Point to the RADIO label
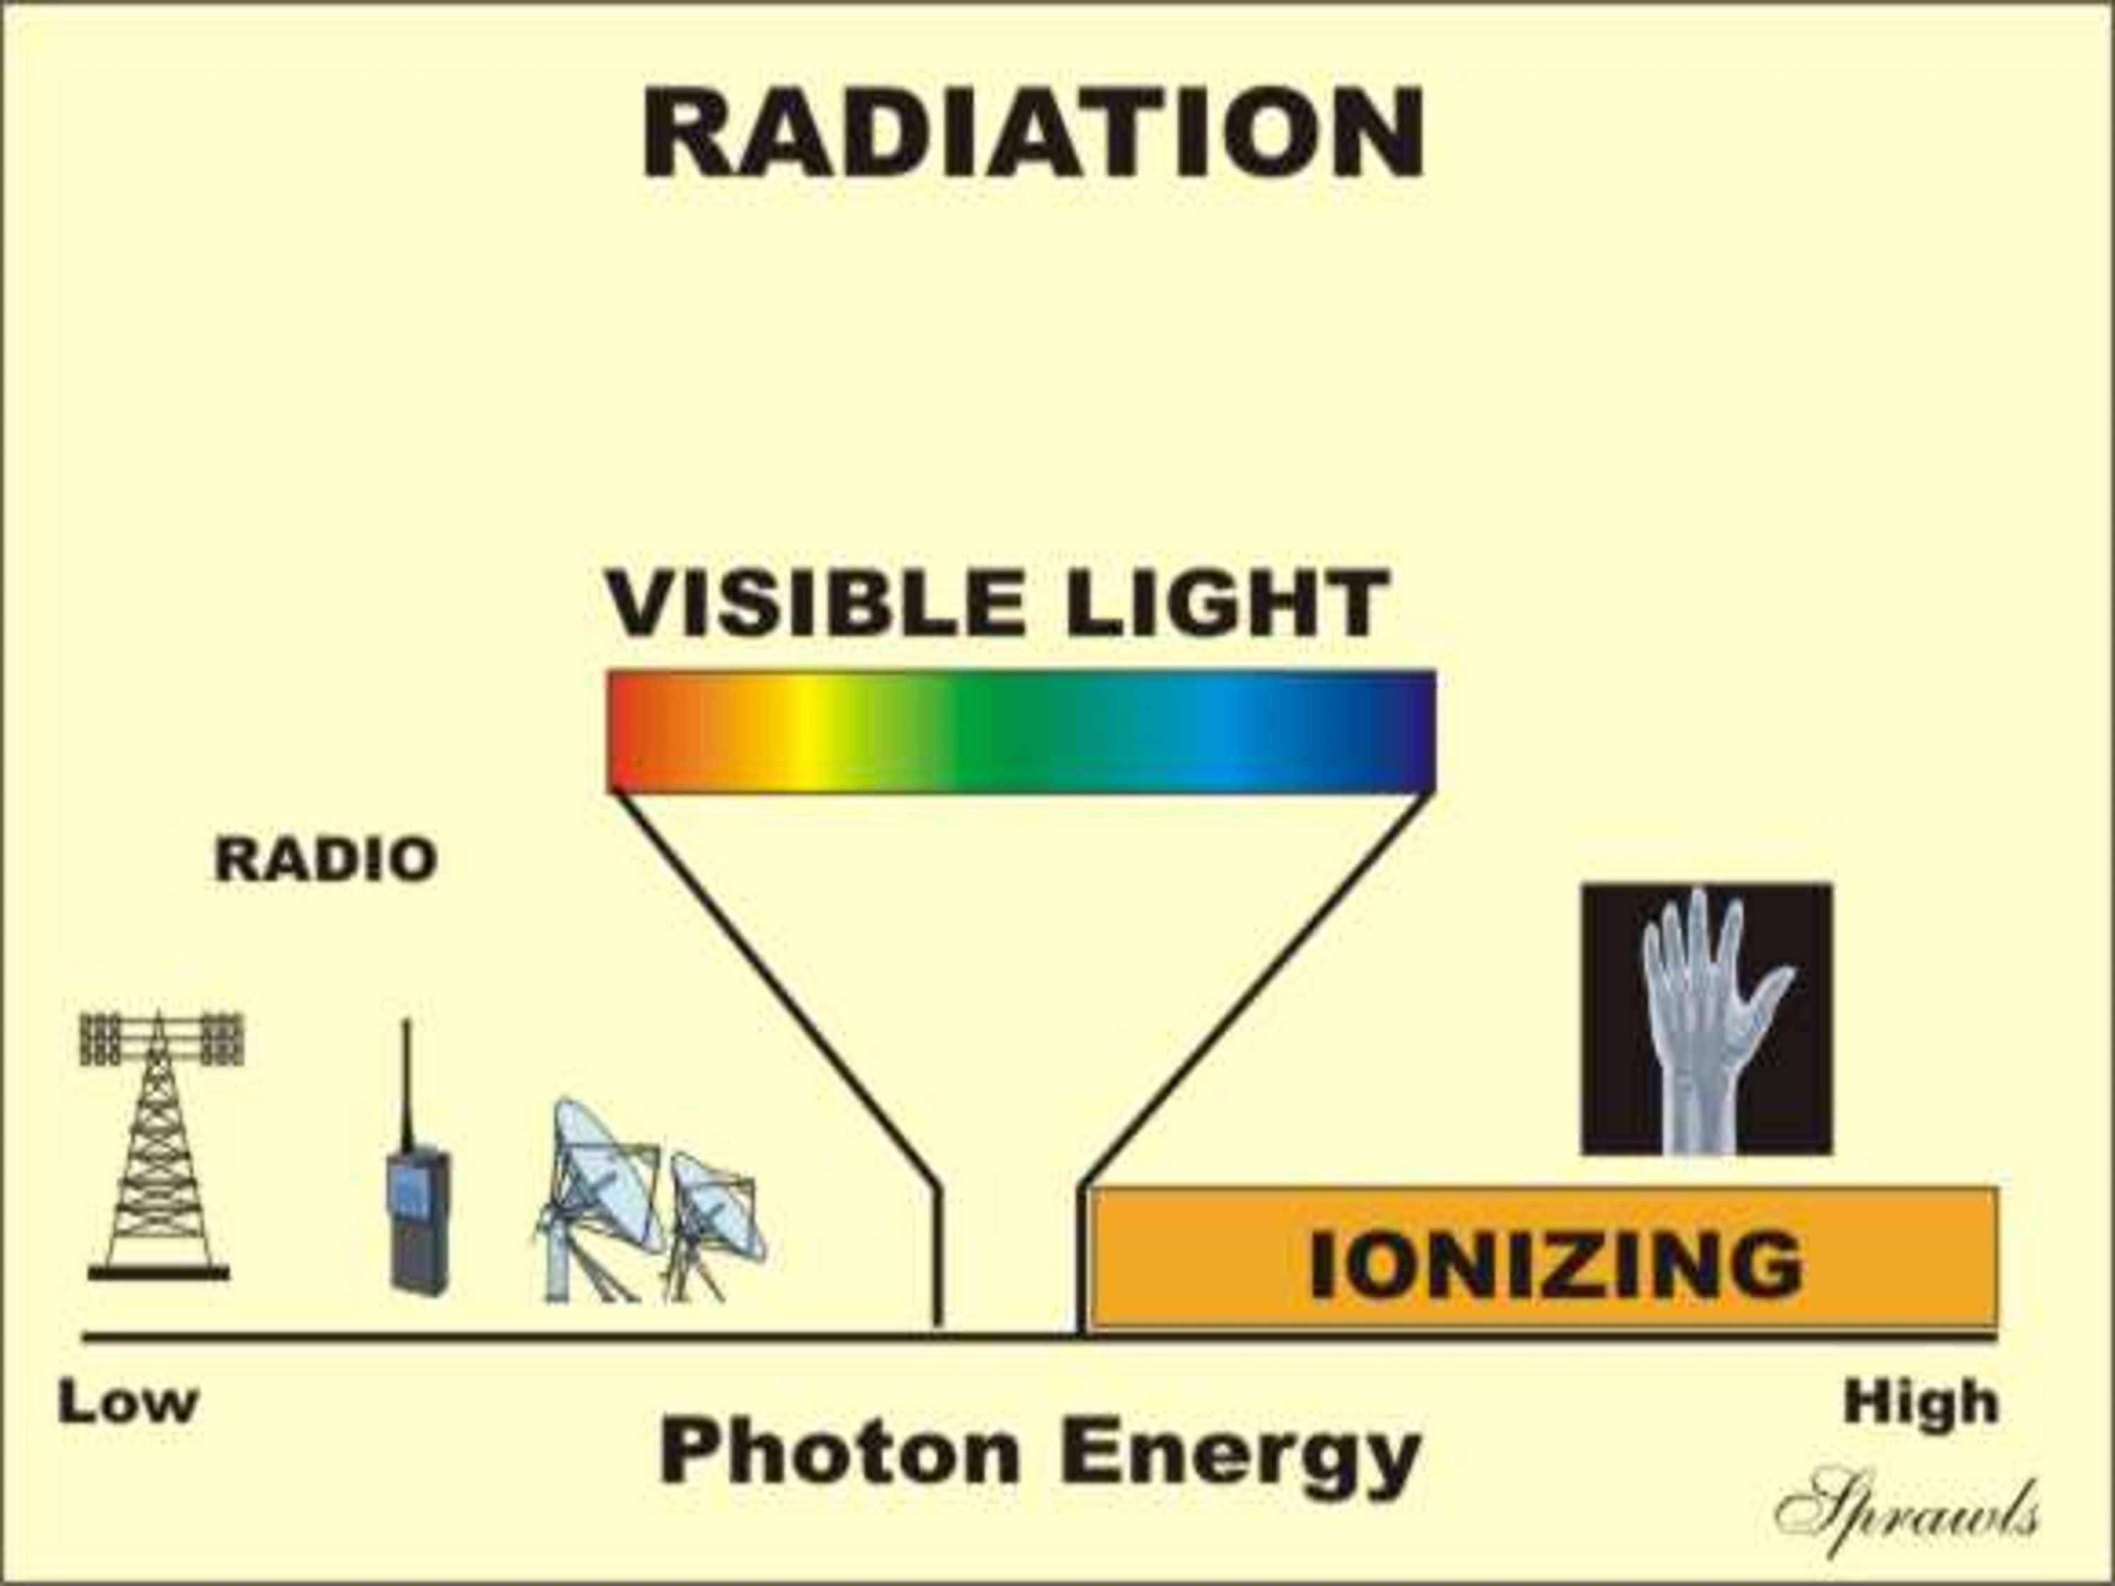pos(326,859)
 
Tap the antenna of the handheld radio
pos(406,1085)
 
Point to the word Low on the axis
pos(128,1403)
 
